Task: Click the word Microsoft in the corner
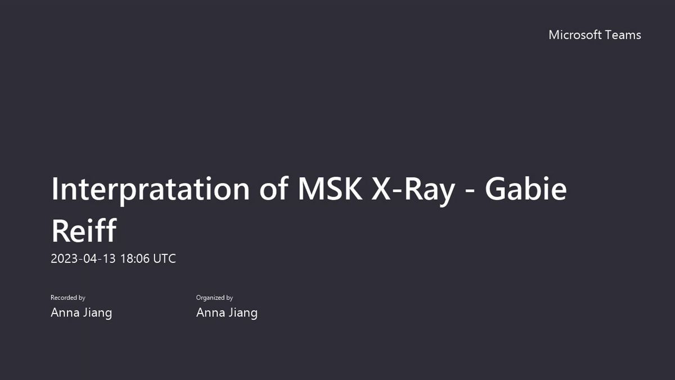pyautogui.click(x=575, y=35)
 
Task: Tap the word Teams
pyautogui.click(x=623, y=35)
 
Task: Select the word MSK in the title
pyautogui.click(x=330, y=189)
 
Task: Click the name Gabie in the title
pyautogui.click(x=526, y=189)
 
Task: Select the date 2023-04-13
pyautogui.click(x=83, y=259)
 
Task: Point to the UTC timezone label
pyautogui.click(x=164, y=259)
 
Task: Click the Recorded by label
pyautogui.click(x=68, y=298)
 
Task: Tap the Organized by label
pyautogui.click(x=214, y=298)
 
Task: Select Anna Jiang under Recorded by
pyautogui.click(x=82, y=313)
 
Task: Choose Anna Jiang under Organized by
pyautogui.click(x=227, y=313)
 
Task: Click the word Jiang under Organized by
pyautogui.click(x=243, y=313)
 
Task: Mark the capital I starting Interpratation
pyautogui.click(x=54, y=189)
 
